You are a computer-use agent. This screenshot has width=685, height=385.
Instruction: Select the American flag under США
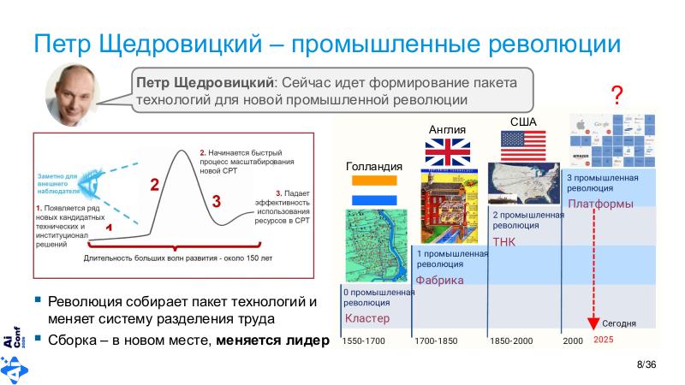click(523, 145)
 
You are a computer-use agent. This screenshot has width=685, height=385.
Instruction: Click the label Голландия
click(373, 165)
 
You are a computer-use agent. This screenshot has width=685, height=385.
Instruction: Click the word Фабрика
click(439, 281)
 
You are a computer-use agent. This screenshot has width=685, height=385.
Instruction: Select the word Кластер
click(366, 318)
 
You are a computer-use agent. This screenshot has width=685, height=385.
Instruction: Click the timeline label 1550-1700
click(364, 341)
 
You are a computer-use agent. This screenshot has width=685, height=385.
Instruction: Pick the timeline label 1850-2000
click(511, 341)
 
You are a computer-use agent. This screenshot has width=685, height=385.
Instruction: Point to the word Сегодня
click(618, 324)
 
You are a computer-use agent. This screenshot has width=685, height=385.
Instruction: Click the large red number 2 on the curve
click(155, 184)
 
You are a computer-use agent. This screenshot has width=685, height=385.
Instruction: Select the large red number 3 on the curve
click(216, 202)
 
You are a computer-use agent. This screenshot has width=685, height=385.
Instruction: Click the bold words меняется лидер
click(272, 340)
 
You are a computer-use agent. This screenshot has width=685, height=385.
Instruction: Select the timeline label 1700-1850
click(437, 341)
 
